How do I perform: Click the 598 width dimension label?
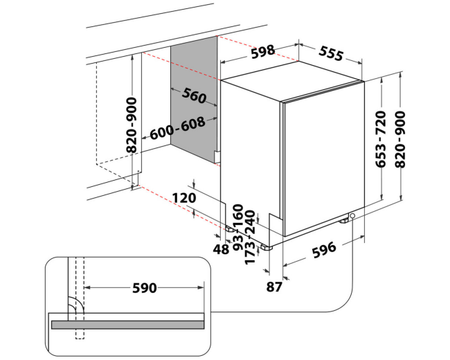click(263, 52)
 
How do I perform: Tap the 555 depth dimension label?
click(331, 53)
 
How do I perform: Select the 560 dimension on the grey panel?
click(195, 96)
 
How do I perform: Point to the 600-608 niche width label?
click(178, 128)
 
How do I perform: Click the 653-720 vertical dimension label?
click(381, 140)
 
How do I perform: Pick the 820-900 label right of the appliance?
click(400, 140)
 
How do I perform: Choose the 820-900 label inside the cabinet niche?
click(132, 125)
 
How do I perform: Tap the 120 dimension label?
click(184, 198)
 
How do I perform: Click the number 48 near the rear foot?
click(221, 249)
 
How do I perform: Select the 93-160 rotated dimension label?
click(238, 227)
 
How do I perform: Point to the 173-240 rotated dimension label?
click(250, 237)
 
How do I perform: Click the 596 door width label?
click(324, 251)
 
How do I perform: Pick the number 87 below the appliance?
click(274, 287)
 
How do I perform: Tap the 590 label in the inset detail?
click(145, 288)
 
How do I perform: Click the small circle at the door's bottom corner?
click(352, 216)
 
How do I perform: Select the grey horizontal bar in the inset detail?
click(127, 325)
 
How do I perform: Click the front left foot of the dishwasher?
click(266, 247)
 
